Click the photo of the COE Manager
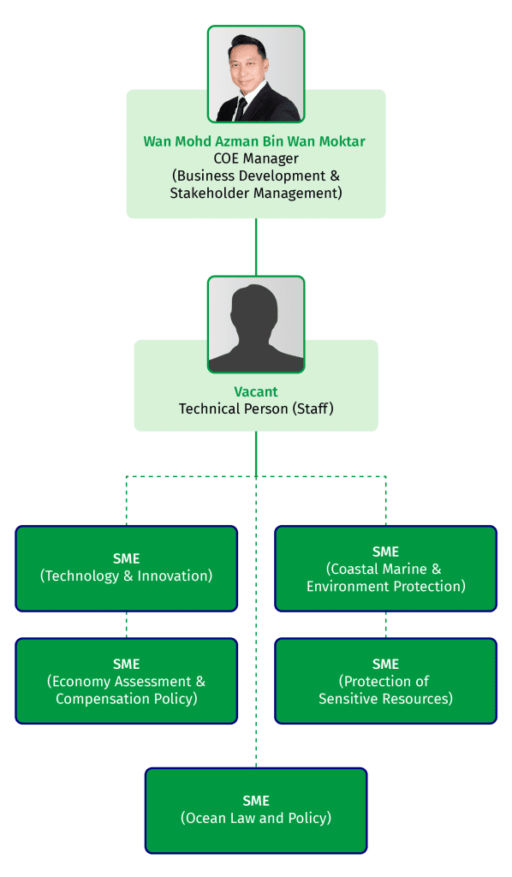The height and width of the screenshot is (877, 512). [x=255, y=74]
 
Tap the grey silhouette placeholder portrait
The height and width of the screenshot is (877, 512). [x=255, y=325]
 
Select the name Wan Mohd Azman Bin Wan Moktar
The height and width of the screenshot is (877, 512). [x=255, y=140]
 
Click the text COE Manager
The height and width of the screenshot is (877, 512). [x=255, y=158]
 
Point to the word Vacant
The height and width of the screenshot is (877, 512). [x=255, y=391]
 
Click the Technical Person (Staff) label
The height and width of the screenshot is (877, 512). [x=255, y=409]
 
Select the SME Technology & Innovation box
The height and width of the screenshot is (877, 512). [x=126, y=568]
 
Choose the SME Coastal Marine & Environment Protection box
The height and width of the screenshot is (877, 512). [x=385, y=568]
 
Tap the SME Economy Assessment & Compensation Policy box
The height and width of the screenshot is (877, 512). [x=126, y=681]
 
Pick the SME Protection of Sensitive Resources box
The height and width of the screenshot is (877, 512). [x=385, y=681]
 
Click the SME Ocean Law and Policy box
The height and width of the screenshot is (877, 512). [x=255, y=810]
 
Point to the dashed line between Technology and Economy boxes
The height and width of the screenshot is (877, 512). [x=127, y=624]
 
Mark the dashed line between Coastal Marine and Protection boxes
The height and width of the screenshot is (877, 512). [x=385, y=624]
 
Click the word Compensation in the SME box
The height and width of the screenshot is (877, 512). [x=96, y=699]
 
